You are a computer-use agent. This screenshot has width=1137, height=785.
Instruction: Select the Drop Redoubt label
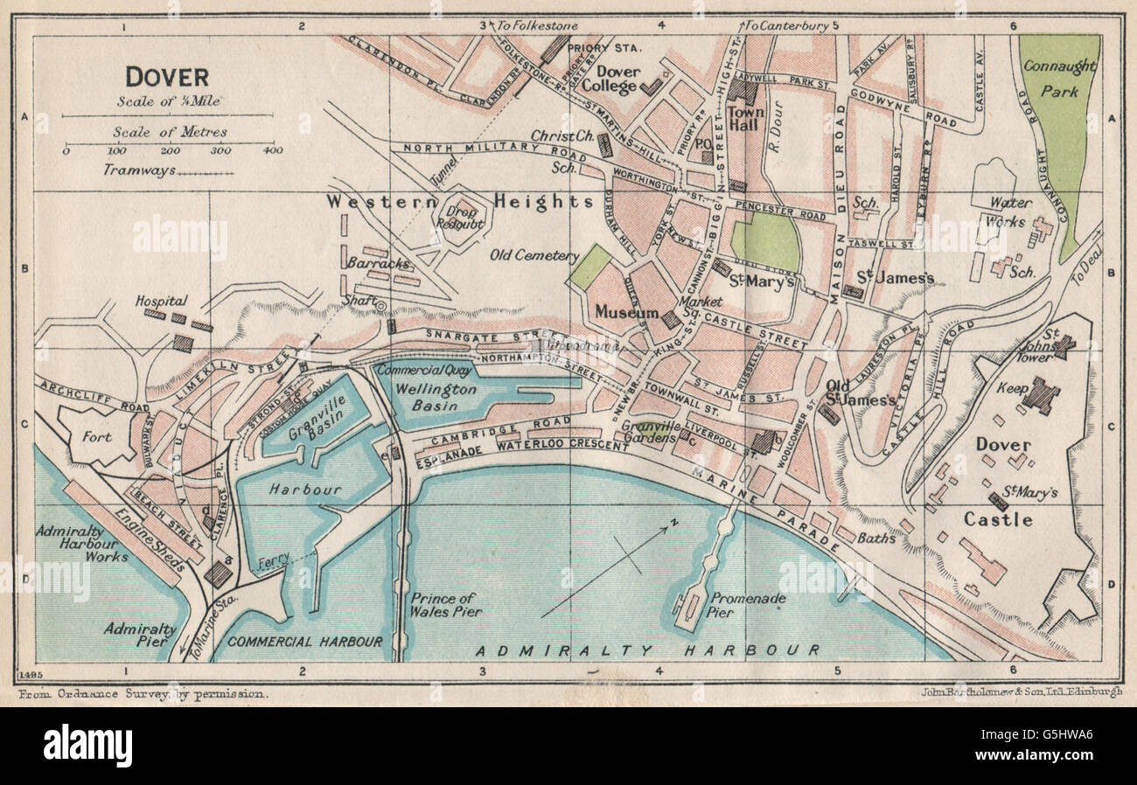(x=461, y=219)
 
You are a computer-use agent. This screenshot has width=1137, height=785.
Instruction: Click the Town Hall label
(x=746, y=118)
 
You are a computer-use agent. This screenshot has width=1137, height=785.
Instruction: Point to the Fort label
(x=96, y=436)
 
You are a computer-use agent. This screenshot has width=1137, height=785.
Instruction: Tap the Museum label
(x=626, y=312)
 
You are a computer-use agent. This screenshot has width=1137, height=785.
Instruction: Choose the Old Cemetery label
(x=534, y=256)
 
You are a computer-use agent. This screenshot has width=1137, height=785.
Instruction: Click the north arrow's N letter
(x=673, y=523)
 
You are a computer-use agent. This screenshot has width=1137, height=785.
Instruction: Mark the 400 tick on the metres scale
(x=273, y=150)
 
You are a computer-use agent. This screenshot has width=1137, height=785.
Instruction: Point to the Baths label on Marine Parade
(x=876, y=538)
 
